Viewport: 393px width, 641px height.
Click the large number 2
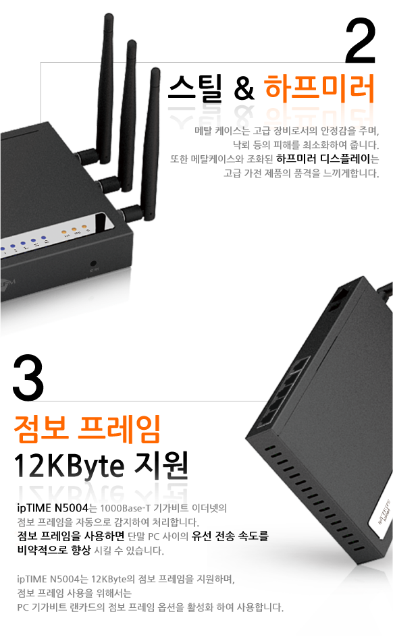pyautogui.click(x=361, y=41)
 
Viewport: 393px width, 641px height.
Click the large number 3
pyautogui.click(x=28, y=378)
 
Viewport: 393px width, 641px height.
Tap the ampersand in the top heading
pyautogui.click(x=244, y=88)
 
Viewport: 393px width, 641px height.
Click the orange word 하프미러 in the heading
pyautogui.click(x=319, y=88)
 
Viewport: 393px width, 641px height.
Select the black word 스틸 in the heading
pyautogui.click(x=195, y=88)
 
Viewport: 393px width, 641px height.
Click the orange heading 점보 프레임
pyautogui.click(x=86, y=428)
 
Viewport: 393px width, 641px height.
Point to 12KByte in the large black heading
pyautogui.click(x=69, y=466)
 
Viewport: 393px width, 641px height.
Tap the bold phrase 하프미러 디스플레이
pyautogui.click(x=323, y=159)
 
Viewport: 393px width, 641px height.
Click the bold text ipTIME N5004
pyautogui.click(x=53, y=508)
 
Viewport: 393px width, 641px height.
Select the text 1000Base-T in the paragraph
pyautogui.click(x=125, y=508)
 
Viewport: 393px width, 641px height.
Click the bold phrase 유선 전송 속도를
pyautogui.click(x=230, y=536)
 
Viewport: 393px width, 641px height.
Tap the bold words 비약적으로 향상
pyautogui.click(x=54, y=550)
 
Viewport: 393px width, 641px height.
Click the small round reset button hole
pyautogui.click(x=93, y=264)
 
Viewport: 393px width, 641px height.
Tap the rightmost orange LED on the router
pyautogui.click(x=84, y=226)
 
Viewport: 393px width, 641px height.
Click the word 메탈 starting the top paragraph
pyautogui.click(x=203, y=131)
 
